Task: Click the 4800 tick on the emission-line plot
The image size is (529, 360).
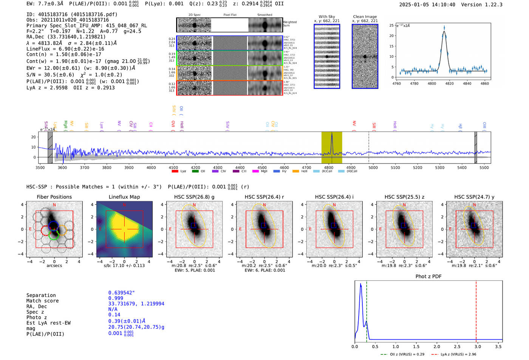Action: point(432,83)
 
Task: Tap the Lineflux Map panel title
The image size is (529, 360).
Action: point(124,197)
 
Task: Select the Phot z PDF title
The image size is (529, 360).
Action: point(428,277)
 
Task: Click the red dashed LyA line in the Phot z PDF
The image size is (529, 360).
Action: point(476,310)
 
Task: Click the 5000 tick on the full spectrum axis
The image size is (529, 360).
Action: point(373,168)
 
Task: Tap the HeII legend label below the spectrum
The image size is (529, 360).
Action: point(304,171)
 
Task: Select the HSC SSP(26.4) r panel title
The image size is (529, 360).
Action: point(264,197)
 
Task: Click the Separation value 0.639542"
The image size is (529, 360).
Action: point(121,293)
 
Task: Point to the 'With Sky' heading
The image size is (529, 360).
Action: point(326,17)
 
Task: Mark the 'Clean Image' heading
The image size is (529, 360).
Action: point(365,17)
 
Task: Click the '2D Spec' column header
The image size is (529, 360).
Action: point(194,15)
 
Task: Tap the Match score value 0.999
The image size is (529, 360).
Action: point(116,298)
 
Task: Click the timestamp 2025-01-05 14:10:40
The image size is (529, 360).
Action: point(427,5)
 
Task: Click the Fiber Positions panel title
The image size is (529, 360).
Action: point(54,197)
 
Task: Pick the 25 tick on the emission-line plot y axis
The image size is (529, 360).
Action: point(391,25)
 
